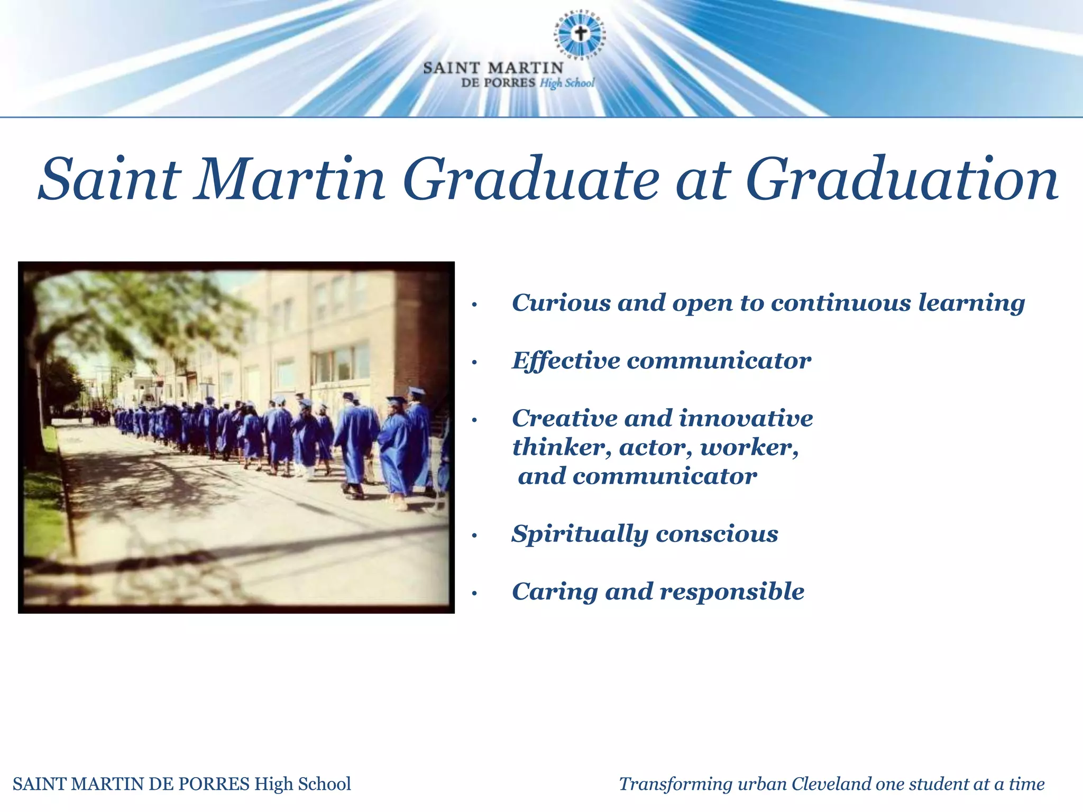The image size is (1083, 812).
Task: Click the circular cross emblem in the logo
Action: point(581,34)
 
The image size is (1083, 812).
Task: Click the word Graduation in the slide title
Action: point(902,180)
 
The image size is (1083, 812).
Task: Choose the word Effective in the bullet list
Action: point(565,361)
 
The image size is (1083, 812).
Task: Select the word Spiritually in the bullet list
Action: point(580,534)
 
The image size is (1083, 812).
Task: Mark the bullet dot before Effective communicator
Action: point(475,363)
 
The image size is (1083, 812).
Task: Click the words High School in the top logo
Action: point(567,83)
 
